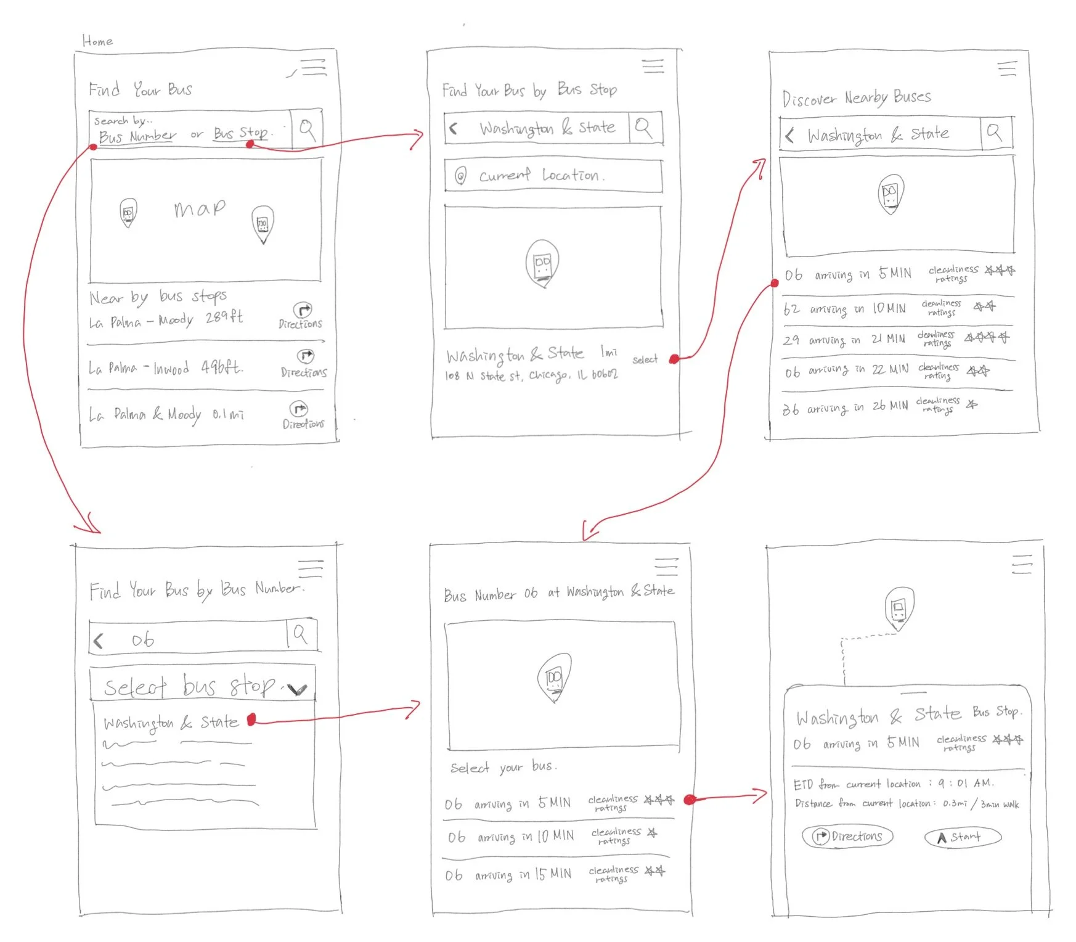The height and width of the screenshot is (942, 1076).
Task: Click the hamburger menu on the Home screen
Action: [x=313, y=67]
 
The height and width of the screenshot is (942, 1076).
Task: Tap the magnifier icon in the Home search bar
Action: [x=307, y=129]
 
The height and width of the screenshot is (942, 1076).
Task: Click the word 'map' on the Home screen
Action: [x=199, y=209]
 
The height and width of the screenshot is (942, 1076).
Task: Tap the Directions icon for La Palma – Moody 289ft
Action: [x=302, y=310]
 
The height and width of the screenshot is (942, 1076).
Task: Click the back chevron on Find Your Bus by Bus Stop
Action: [x=454, y=128]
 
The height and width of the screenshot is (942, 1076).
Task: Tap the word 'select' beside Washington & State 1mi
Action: [x=645, y=359]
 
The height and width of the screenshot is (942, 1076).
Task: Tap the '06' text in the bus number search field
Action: [x=143, y=640]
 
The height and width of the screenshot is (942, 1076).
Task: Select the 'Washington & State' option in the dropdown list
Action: [x=171, y=723]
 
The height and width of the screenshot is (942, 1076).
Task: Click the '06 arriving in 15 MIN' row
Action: [x=555, y=874]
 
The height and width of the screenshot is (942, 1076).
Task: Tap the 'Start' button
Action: [x=963, y=837]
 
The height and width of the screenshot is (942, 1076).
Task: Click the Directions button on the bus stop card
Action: [x=848, y=837]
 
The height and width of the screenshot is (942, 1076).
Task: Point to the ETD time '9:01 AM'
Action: [x=966, y=784]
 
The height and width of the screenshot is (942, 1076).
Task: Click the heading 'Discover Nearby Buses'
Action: [x=856, y=98]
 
